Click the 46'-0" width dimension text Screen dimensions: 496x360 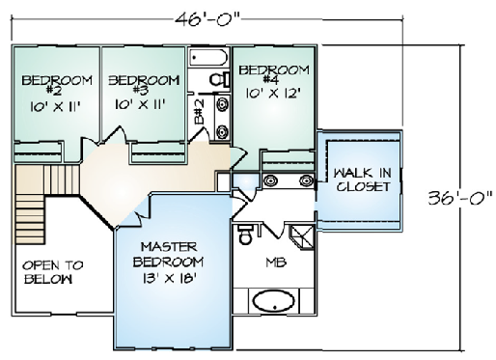207,20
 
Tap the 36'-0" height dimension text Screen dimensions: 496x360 460,197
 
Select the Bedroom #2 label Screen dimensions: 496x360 57,85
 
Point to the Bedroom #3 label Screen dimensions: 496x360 144,85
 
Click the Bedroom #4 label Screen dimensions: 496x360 274,74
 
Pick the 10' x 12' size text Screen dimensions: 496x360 273,94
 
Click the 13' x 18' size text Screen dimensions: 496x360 168,278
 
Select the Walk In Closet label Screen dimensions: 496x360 363,180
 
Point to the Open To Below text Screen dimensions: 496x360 52,272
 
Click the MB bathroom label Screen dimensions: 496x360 276,263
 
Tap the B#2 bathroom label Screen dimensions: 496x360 200,112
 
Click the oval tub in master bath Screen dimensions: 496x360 273,301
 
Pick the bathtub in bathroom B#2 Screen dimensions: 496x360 208,58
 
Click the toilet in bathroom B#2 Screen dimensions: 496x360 220,79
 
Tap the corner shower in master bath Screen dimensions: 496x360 302,236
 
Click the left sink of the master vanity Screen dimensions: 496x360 271,180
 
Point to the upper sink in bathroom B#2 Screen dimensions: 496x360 222,105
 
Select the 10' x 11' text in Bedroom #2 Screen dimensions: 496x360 55,106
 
